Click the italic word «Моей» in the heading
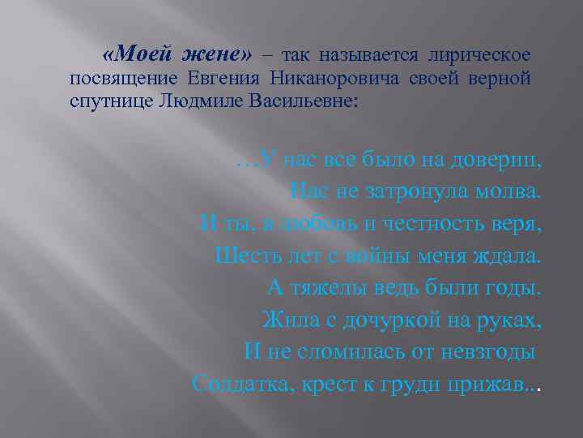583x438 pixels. (x=143, y=55)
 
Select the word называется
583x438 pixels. (x=368, y=55)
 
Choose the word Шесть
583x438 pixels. (x=243, y=255)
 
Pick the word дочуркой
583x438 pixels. (x=393, y=320)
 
